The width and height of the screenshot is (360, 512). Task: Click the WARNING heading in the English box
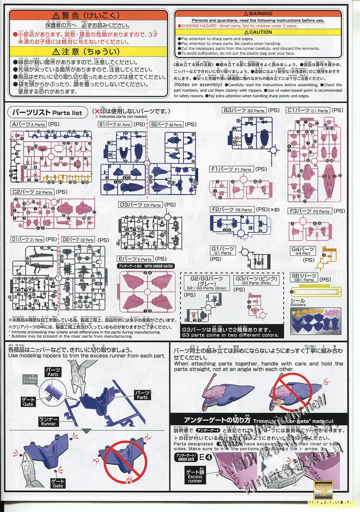click(x=258, y=14)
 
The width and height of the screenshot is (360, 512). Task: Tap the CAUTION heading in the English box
click(x=258, y=32)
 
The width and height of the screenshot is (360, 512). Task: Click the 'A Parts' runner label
click(x=29, y=124)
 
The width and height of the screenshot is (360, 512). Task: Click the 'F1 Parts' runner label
click(x=232, y=169)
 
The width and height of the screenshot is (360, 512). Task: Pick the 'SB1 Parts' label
click(x=304, y=277)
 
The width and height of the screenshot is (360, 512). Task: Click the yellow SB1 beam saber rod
click(x=316, y=293)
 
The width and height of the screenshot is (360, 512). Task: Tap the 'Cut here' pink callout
click(x=30, y=380)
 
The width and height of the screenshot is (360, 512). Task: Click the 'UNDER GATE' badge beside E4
click(x=186, y=457)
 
